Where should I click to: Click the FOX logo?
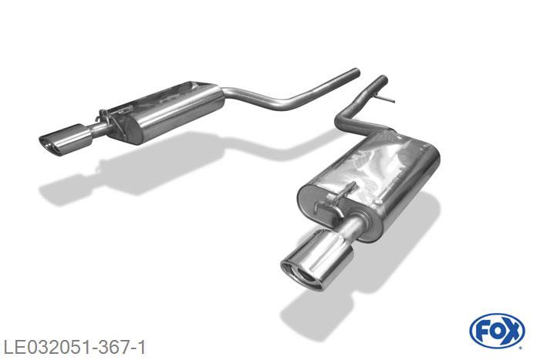(x=497, y=331)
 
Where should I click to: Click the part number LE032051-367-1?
(x=74, y=347)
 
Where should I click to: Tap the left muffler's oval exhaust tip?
(x=66, y=140)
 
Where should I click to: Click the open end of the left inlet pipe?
(x=356, y=73)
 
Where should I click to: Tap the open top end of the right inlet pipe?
(x=383, y=79)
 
